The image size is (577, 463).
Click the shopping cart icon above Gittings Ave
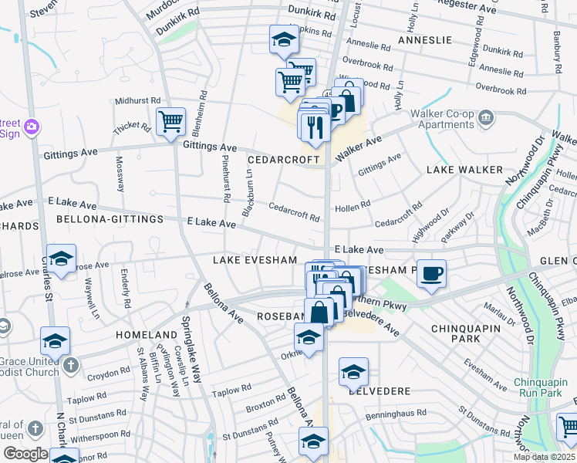pos(170,120)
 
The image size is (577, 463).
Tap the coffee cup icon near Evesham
pos(432,272)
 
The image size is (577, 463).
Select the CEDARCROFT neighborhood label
pos(283,159)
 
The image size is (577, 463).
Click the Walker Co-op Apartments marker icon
pos(486,118)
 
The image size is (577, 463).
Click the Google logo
pos(25,453)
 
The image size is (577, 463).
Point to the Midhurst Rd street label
pos(137,100)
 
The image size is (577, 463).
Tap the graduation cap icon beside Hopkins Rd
pos(284,39)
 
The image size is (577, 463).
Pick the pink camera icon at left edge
pos(32,126)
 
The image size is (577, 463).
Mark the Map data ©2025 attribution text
pos(544,457)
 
